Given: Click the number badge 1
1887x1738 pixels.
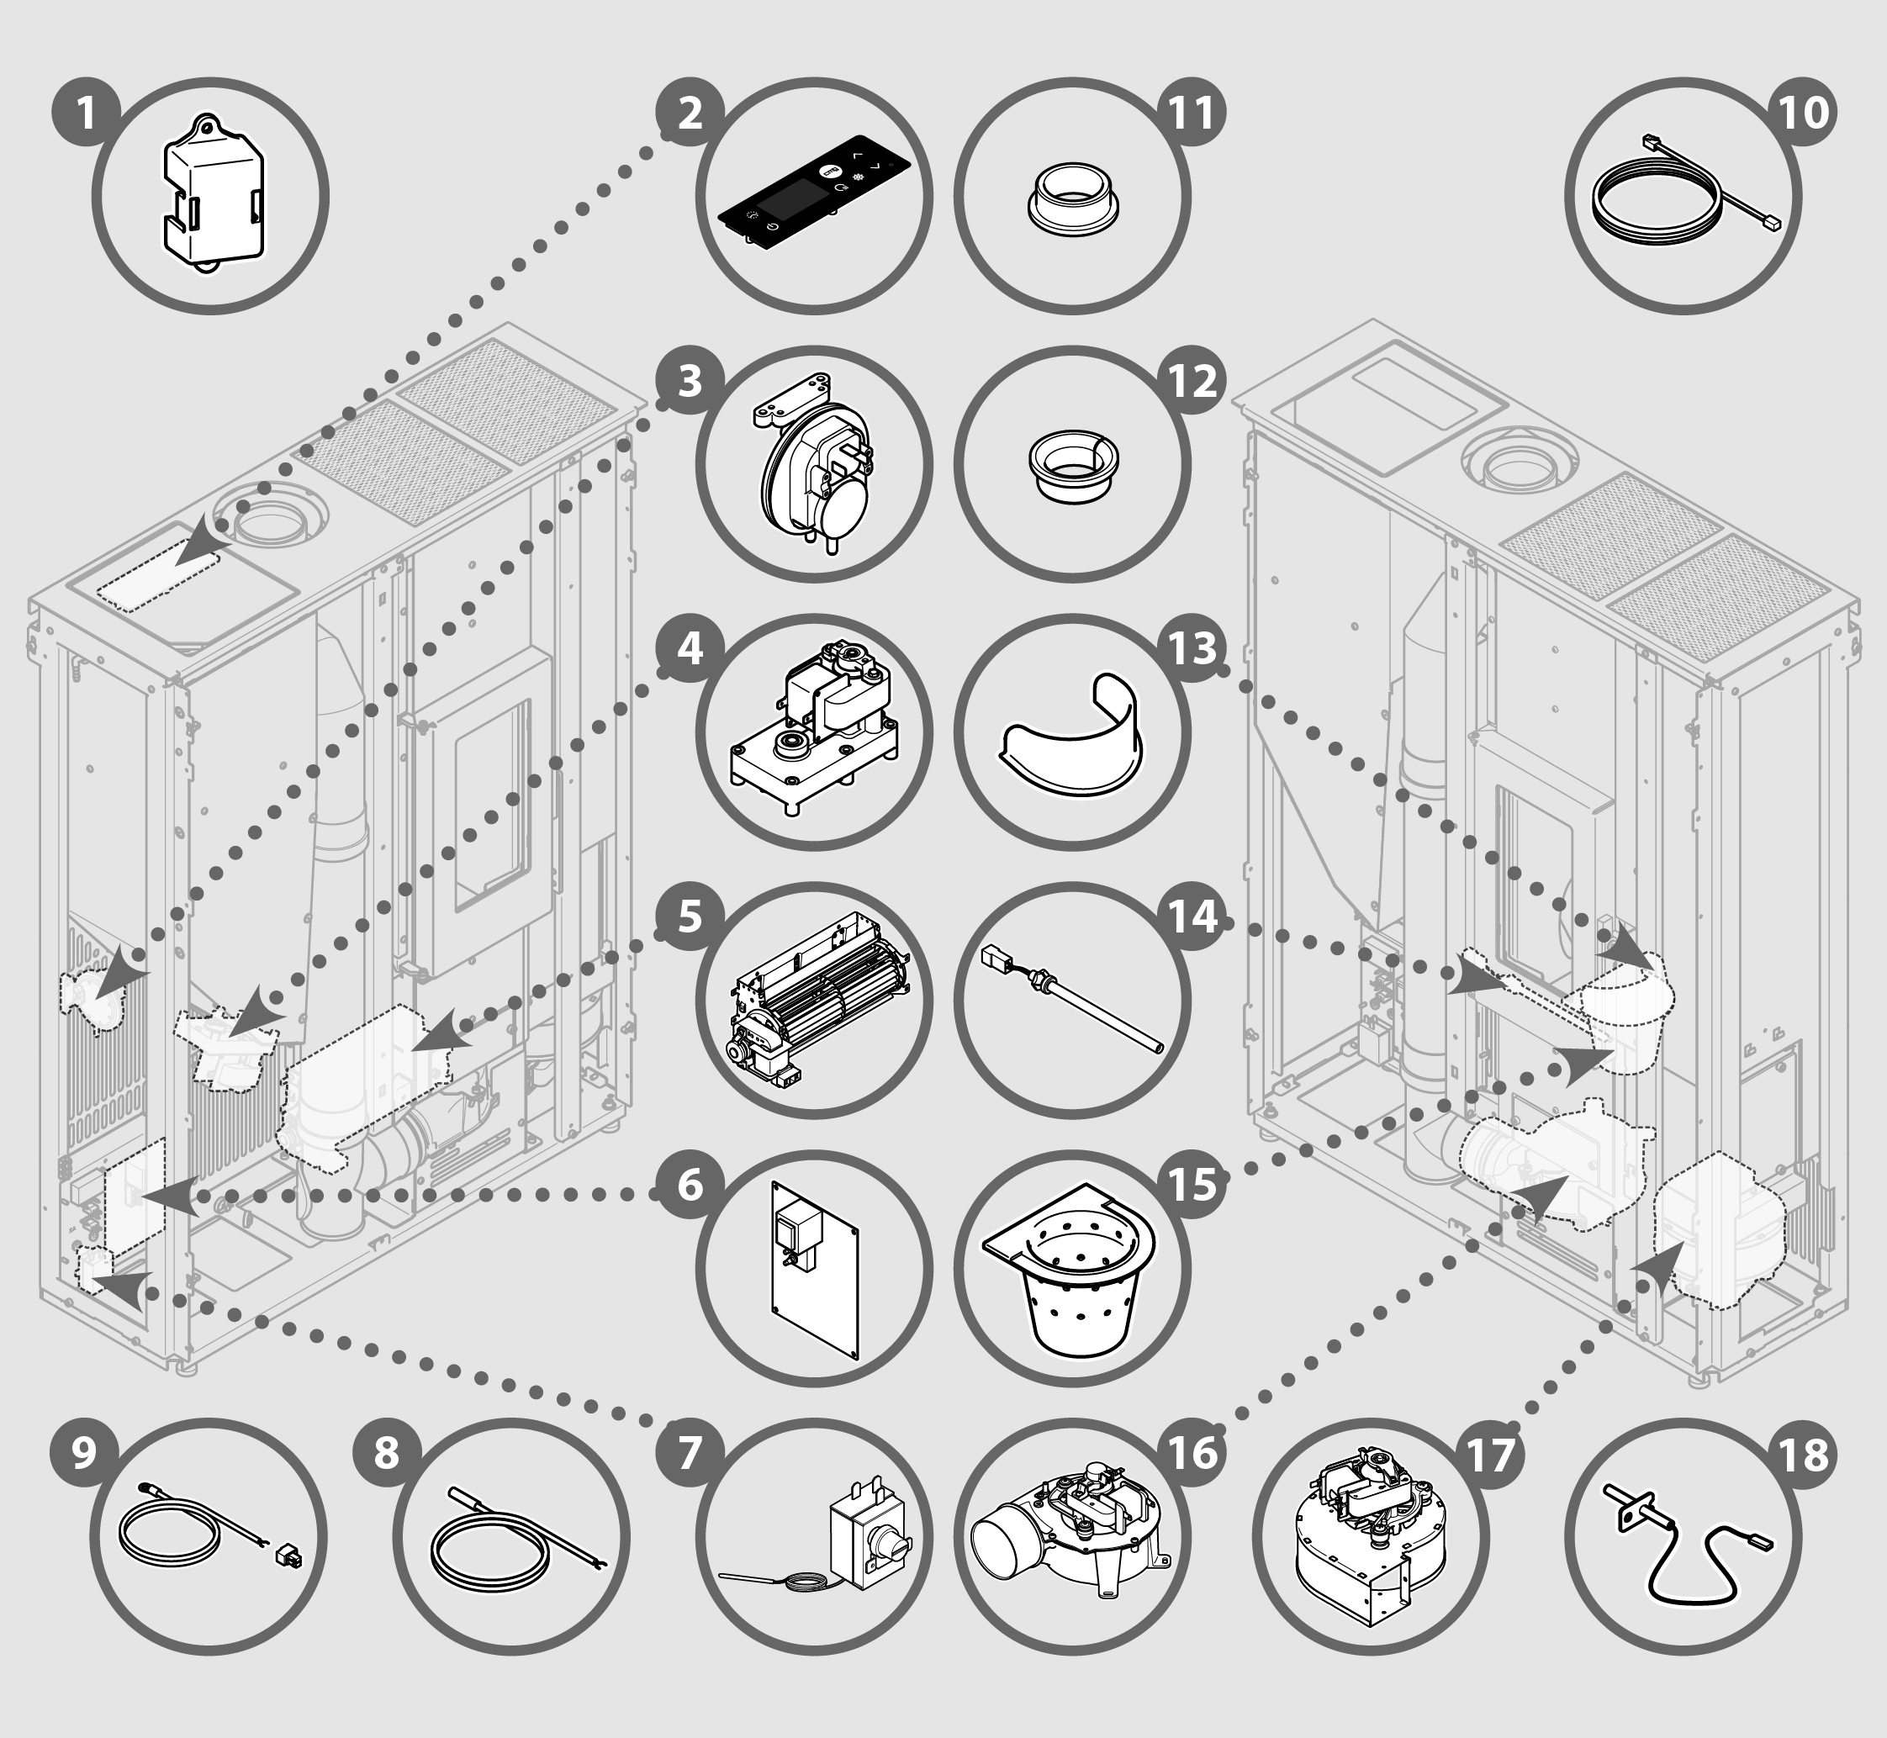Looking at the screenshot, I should point(86,113).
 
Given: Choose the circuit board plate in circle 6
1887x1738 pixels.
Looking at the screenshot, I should point(815,1269).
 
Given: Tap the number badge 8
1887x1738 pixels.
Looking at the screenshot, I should point(387,1453).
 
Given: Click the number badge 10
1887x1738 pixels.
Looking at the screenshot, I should point(1805,113).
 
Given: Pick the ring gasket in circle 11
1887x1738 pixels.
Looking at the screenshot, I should point(1072,199).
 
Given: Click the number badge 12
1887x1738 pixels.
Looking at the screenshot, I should point(1192,381).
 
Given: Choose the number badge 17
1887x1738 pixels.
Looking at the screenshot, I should point(1488,1453).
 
